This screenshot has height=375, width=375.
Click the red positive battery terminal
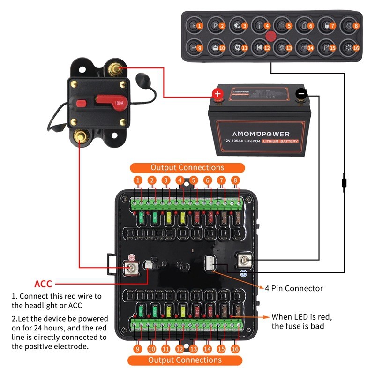(x=217, y=94)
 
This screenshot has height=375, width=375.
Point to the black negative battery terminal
(x=301, y=94)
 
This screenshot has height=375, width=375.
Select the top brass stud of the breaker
(x=114, y=69)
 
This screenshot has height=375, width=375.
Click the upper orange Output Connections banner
(x=187, y=167)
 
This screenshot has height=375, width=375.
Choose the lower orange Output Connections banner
(x=185, y=360)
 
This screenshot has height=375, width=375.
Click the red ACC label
(x=43, y=284)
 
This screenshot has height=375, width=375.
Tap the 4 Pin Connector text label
(x=294, y=288)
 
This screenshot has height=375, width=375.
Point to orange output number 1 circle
(x=138, y=180)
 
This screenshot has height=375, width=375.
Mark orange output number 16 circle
(x=236, y=349)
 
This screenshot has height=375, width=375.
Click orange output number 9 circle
(x=138, y=349)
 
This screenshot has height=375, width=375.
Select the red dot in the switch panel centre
(x=270, y=36)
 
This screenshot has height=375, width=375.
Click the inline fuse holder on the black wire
(x=345, y=181)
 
